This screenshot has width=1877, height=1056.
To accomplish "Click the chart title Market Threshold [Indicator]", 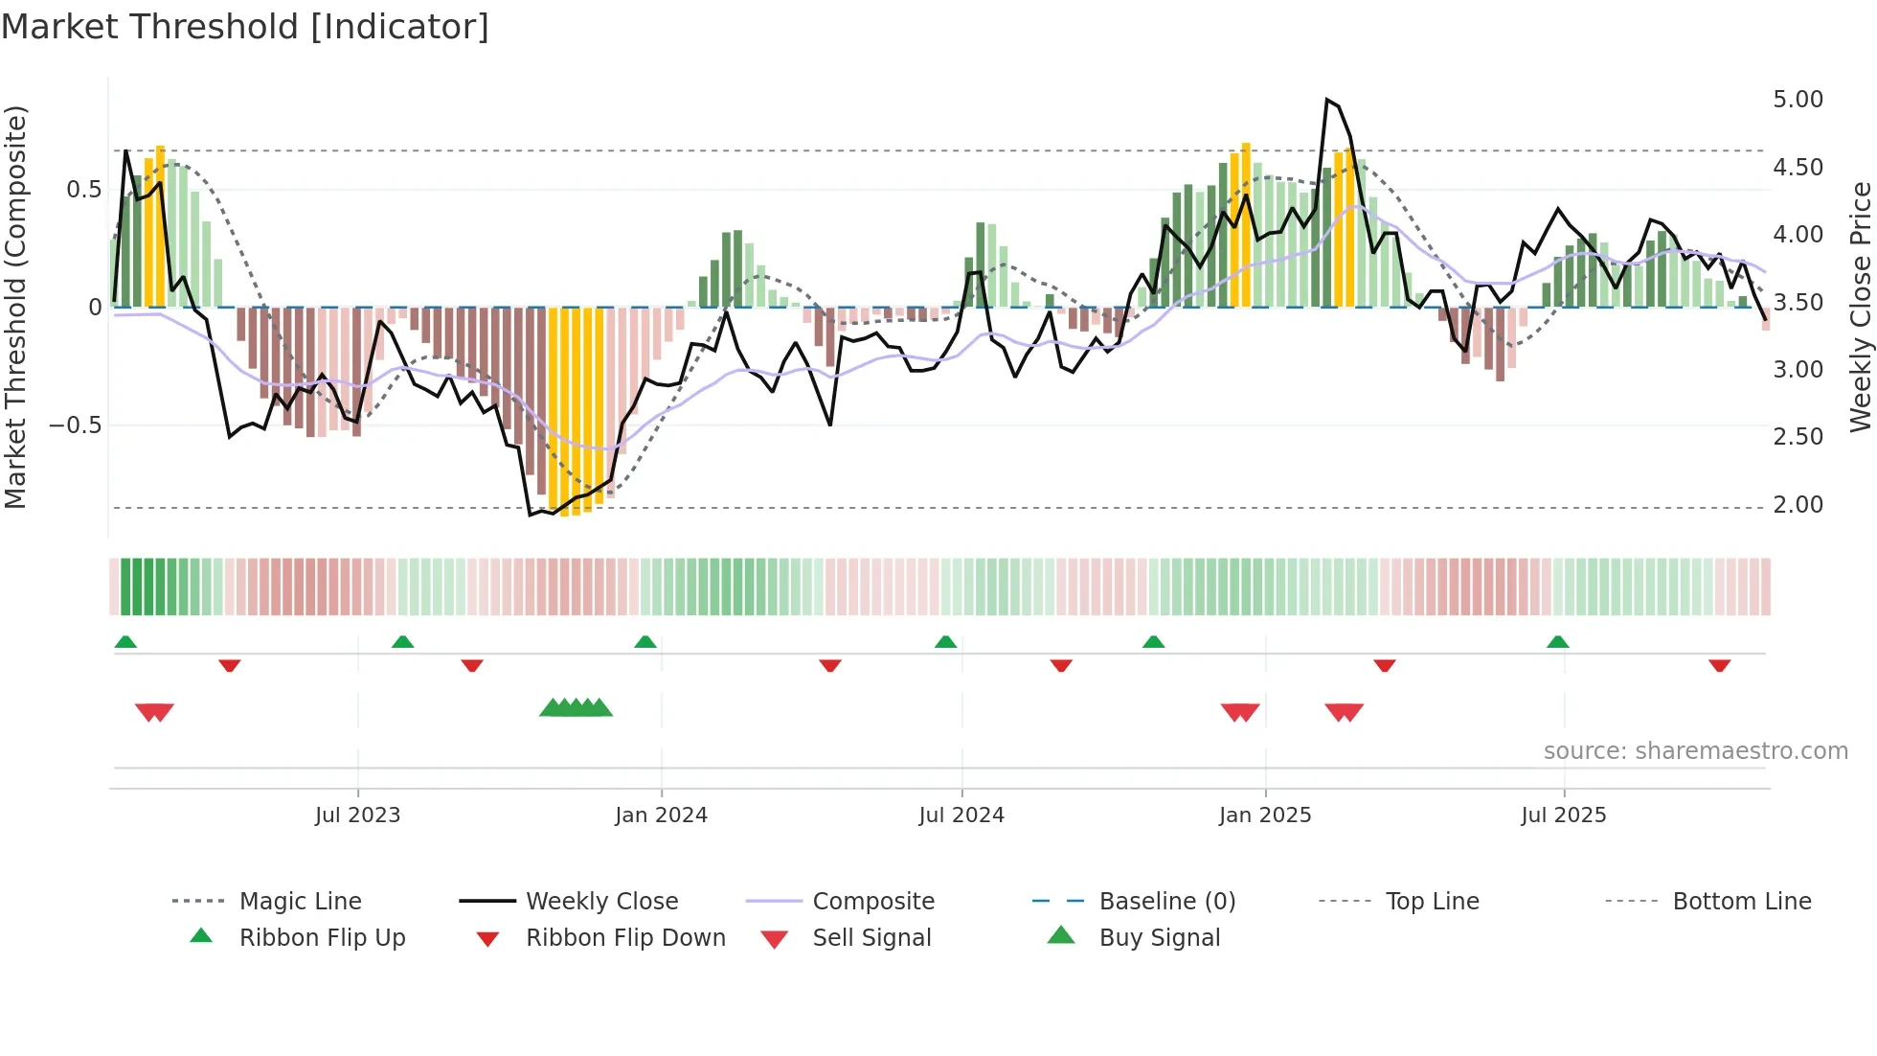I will tap(245, 27).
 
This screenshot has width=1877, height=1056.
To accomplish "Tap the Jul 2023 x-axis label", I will tap(357, 815).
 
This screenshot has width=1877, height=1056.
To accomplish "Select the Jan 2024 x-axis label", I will tap(661, 815).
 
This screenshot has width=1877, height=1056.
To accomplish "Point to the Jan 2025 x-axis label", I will tap(1264, 815).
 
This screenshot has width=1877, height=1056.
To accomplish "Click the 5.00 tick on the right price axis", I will tap(1798, 100).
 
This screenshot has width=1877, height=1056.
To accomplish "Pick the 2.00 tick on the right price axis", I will tap(1798, 505).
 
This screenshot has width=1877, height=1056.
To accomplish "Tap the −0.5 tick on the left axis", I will tap(75, 425).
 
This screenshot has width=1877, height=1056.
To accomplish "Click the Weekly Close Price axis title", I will tap(1860, 307).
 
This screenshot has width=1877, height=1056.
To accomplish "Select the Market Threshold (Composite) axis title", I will tap(15, 307).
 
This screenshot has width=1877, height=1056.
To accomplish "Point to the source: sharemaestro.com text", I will tap(1695, 751).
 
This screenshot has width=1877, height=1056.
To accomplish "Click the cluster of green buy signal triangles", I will tap(576, 708).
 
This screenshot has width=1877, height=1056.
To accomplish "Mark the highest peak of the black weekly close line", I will tap(1327, 100).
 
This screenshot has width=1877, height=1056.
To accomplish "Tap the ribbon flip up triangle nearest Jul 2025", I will tap(1557, 642).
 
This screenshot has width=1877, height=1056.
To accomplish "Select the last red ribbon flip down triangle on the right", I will tap(1719, 665).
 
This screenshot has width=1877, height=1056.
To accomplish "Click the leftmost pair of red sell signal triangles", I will tap(154, 712).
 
